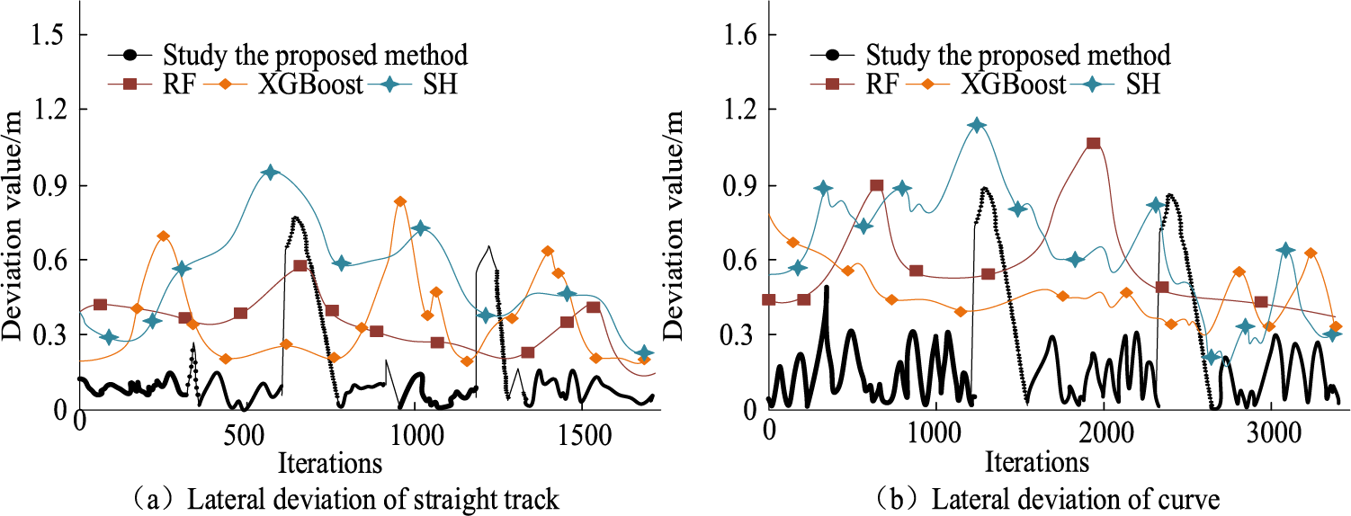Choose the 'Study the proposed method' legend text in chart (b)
click(1019, 56)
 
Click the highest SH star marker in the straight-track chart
click(271, 173)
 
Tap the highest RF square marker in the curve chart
click(1094, 143)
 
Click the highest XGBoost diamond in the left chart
click(400, 201)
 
